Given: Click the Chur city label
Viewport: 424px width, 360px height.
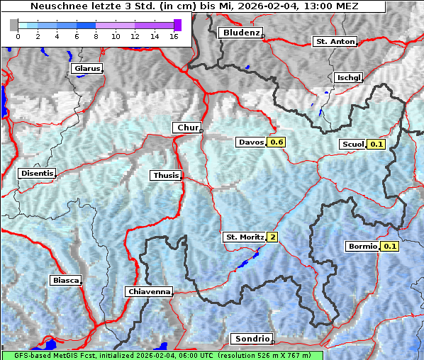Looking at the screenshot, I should pyautogui.click(x=187, y=128).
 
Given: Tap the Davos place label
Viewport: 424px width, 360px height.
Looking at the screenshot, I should pyautogui.click(x=251, y=142).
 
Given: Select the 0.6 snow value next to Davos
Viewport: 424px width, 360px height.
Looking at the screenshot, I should pyautogui.click(x=277, y=142).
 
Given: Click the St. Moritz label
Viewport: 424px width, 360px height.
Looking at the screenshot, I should pyautogui.click(x=244, y=237).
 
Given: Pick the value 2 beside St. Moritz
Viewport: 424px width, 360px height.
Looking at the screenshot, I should pyautogui.click(x=272, y=237).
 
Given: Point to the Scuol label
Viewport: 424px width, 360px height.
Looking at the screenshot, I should pyautogui.click(x=352, y=145).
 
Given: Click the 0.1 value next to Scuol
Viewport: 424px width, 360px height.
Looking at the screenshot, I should pyautogui.click(x=376, y=145).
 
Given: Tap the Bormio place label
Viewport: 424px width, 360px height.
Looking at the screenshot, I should pyautogui.click(x=362, y=247).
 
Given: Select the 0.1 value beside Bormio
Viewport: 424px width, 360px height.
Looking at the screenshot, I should pyautogui.click(x=390, y=247).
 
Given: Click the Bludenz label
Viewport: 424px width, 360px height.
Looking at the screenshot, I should pyautogui.click(x=240, y=33).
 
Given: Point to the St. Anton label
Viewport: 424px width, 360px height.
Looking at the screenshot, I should pyautogui.click(x=335, y=42).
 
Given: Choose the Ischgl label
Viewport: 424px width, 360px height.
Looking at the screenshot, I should pyautogui.click(x=348, y=77).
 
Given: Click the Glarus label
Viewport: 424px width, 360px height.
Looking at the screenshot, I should pyautogui.click(x=86, y=69).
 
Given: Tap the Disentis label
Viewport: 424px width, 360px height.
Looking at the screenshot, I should pyautogui.click(x=37, y=173).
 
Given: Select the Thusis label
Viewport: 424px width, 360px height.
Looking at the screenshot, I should pyautogui.click(x=165, y=175).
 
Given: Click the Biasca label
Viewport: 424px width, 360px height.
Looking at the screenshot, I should pyautogui.click(x=65, y=280).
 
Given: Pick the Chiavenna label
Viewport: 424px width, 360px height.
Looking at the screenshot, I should pyautogui.click(x=149, y=291).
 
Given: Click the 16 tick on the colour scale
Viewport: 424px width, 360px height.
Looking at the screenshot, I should pyautogui.click(x=174, y=36).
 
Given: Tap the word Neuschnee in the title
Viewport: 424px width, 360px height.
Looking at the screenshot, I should pyautogui.click(x=54, y=6).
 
